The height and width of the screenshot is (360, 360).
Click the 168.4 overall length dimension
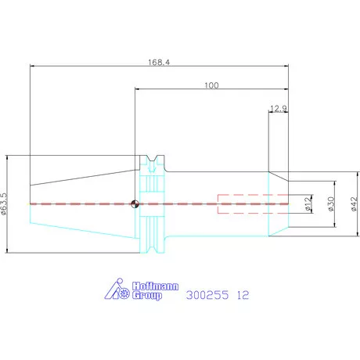click(x=159, y=63)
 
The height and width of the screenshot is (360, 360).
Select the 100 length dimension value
click(x=211, y=85)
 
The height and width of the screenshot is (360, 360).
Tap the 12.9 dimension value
click(x=279, y=108)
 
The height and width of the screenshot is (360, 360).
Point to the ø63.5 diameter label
click(x=4, y=203)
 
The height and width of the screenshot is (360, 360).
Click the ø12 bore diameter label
click(x=308, y=203)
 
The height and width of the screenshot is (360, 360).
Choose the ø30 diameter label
click(x=331, y=203)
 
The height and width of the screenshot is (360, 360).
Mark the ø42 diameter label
click(x=354, y=204)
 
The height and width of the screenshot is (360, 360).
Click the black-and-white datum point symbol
click(x=135, y=203)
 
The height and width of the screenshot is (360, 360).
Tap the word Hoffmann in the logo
click(x=156, y=286)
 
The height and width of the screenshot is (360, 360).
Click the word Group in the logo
click(x=147, y=296)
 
